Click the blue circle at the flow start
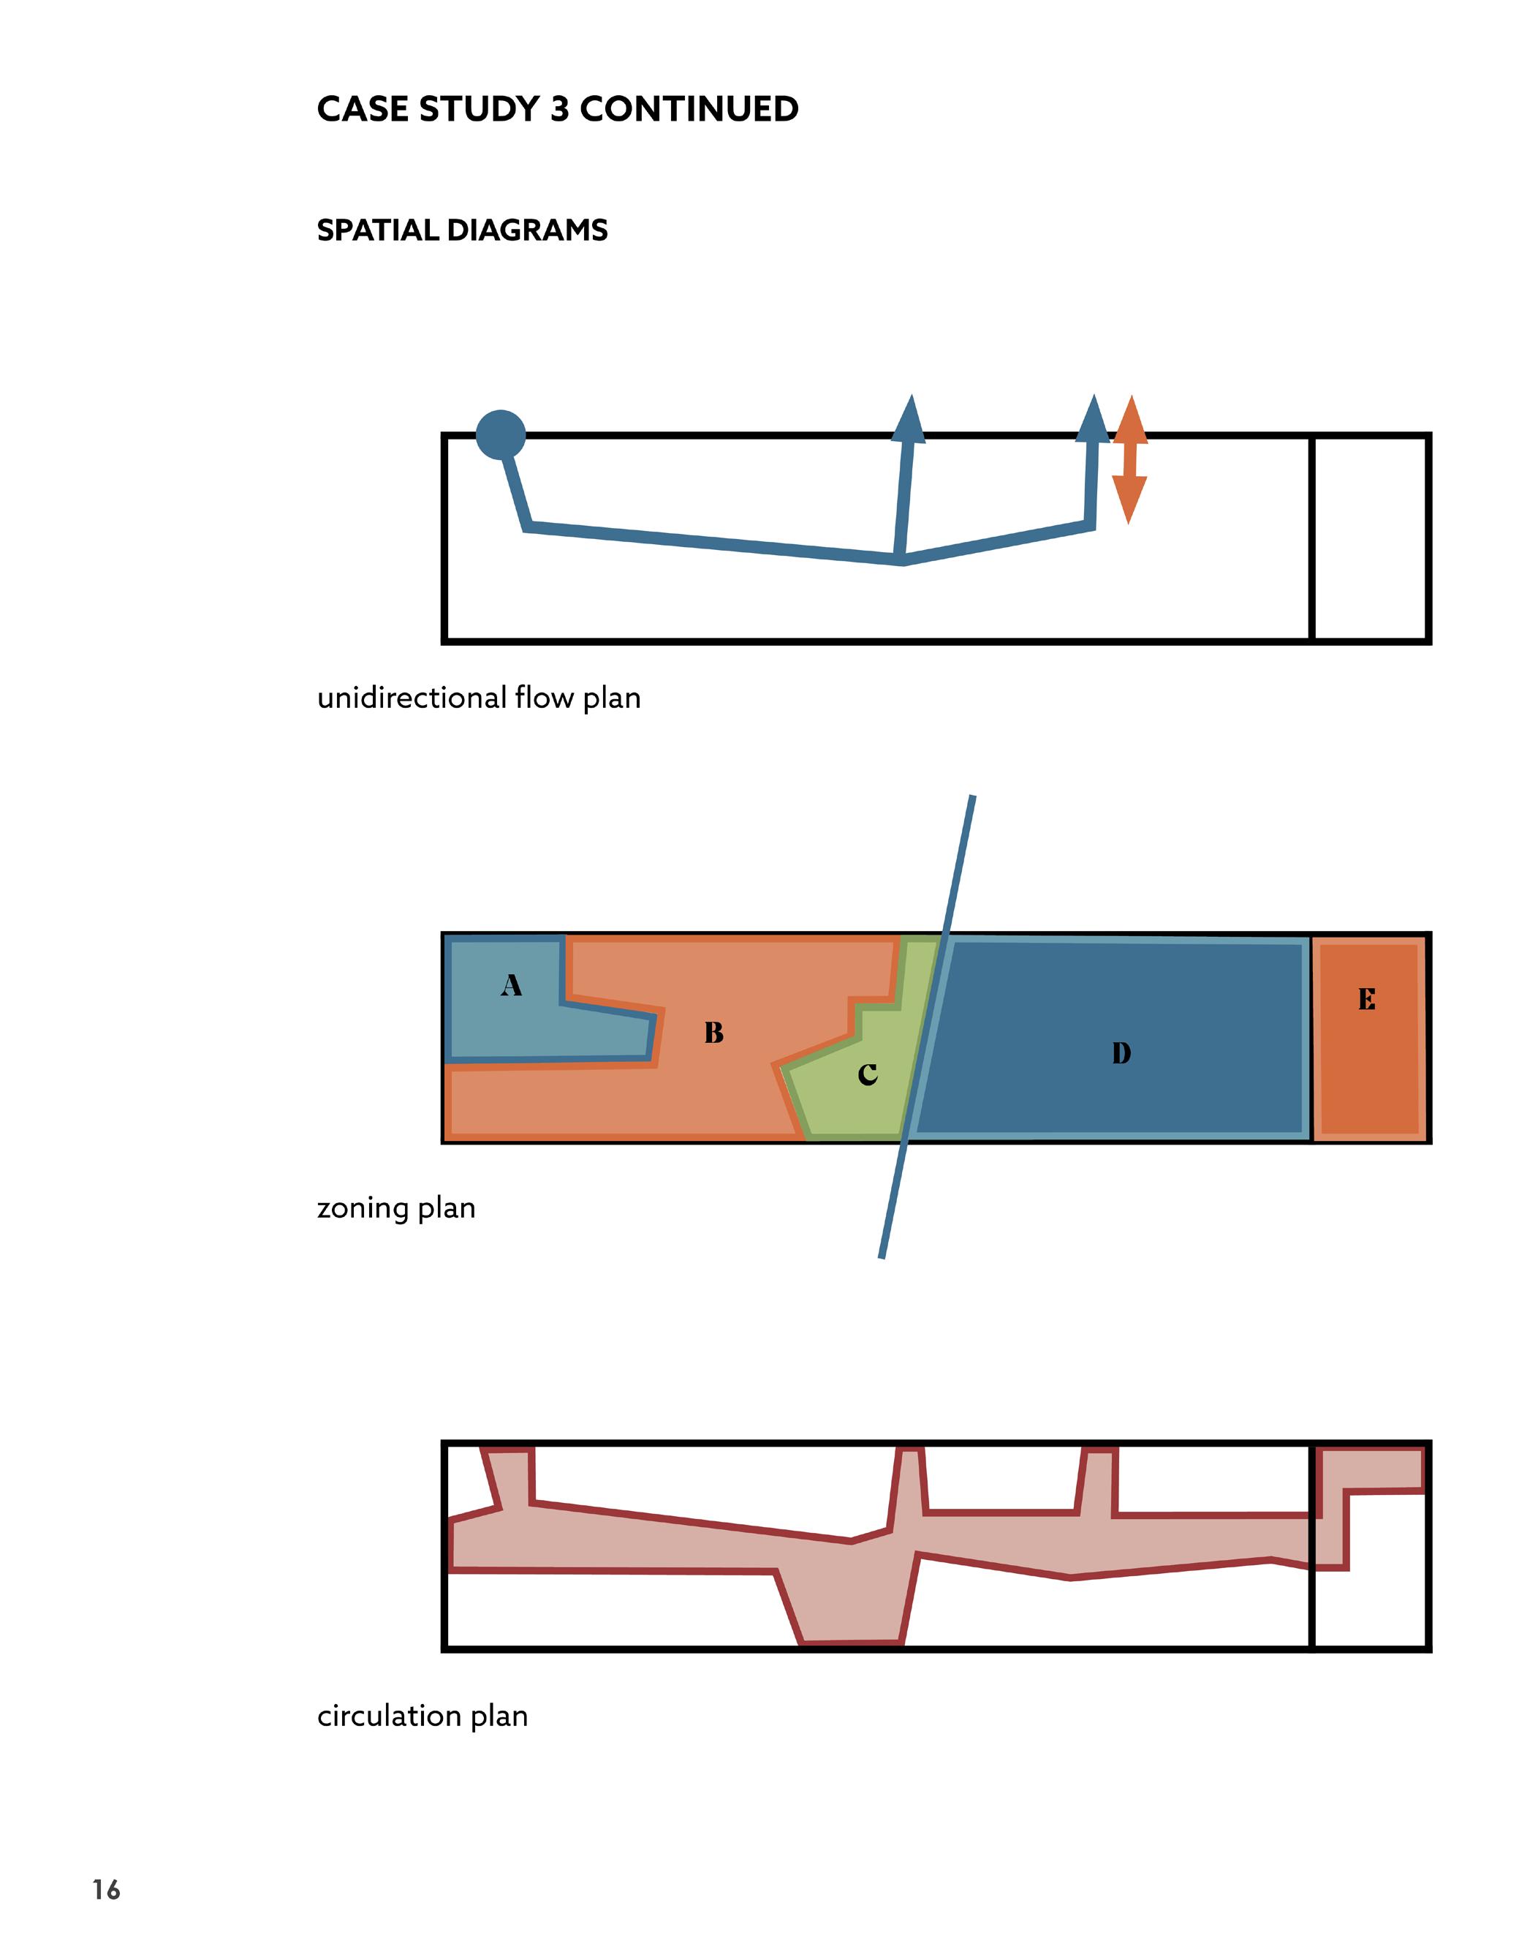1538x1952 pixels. pos(500,435)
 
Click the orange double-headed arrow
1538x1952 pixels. pos(1129,459)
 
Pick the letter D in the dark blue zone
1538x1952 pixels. pos(1121,1053)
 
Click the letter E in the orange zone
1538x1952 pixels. pos(1367,999)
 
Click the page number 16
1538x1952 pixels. pos(106,1889)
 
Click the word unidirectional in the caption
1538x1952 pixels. pos(412,698)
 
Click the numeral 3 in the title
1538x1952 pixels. pos(559,109)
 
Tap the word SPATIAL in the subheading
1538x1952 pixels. pos(377,230)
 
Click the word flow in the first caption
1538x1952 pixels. pos(544,698)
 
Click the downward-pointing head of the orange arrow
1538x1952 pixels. pos(1129,500)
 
